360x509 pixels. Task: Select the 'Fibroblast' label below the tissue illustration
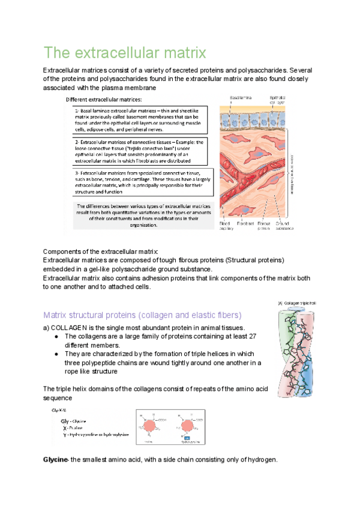(246, 224)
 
